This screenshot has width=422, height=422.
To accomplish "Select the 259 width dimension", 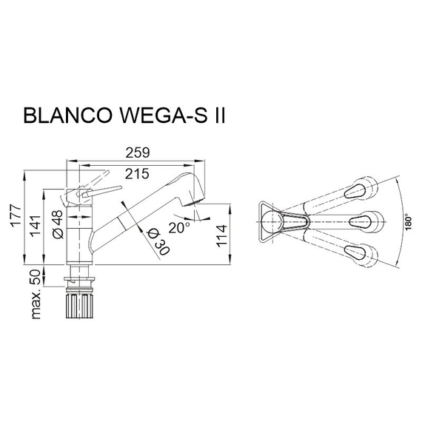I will point(138,153).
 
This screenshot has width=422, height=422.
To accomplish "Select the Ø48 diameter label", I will point(56,224).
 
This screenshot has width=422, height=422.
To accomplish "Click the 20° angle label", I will point(180,225).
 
